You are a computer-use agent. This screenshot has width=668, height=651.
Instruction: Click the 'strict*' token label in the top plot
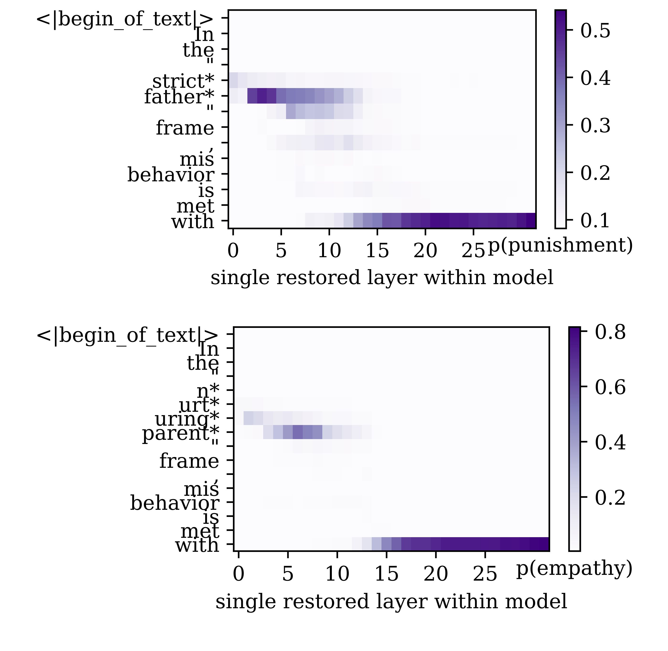[183, 81]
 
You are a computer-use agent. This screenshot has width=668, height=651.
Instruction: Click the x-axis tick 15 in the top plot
[377, 251]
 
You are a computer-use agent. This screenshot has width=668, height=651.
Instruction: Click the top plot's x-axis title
[381, 277]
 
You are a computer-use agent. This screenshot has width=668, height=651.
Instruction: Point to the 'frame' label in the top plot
[185, 128]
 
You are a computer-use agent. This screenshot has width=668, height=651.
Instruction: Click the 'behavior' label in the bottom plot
[174, 503]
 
